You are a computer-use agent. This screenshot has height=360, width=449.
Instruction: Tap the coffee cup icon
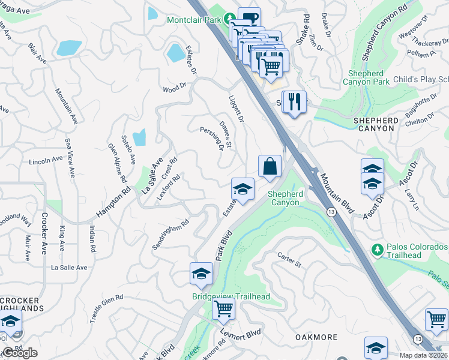tap(249, 17)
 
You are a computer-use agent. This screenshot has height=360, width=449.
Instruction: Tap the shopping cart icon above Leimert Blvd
tap(223, 309)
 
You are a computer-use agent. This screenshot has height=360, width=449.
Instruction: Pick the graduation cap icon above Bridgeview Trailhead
tap(202, 274)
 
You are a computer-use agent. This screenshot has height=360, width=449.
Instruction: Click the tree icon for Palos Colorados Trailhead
tap(378, 249)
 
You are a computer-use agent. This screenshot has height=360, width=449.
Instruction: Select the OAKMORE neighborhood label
tap(316, 338)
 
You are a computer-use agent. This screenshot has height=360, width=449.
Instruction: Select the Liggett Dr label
tap(236, 109)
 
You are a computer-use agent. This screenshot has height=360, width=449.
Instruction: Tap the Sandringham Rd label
tap(170, 235)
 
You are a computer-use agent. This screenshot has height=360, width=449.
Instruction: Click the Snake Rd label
tap(306, 26)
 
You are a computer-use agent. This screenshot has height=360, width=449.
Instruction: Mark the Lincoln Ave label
tap(46, 161)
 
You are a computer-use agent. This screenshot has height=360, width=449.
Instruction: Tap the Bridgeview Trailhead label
tap(231, 297)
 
